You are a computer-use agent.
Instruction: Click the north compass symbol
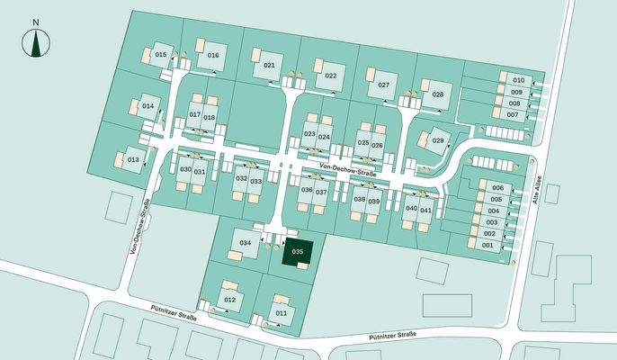(36, 40)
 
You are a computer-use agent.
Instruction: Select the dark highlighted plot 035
(298, 252)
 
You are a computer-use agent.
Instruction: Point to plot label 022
(330, 76)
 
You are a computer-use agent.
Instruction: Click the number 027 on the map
(383, 85)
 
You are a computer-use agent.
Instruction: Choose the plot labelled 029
(438, 141)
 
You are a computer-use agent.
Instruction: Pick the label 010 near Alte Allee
(518, 80)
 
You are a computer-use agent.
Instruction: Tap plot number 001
(488, 245)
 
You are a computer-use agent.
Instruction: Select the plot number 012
(229, 299)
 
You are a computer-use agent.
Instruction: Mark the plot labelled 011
(282, 312)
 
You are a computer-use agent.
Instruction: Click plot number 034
(245, 243)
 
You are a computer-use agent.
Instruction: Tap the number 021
(268, 66)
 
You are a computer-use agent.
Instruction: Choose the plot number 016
(213, 56)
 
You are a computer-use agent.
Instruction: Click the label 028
(438, 94)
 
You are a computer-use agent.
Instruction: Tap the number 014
(148, 106)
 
